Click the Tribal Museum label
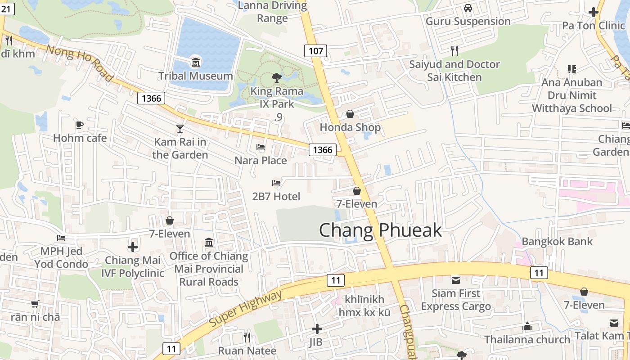[x=195, y=76]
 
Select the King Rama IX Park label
[x=277, y=98]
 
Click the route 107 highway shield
[x=315, y=50]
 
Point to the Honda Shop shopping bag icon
[x=350, y=114]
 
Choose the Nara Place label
[x=261, y=160]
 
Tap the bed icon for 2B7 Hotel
[x=276, y=183]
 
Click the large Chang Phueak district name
[x=380, y=230]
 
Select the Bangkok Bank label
[x=557, y=241]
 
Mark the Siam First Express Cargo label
[x=456, y=300]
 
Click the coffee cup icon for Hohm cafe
[x=80, y=125]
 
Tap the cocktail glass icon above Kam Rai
[x=180, y=129]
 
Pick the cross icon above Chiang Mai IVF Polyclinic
[x=133, y=247]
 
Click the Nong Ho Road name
[x=80, y=63]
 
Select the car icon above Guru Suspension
[x=468, y=8]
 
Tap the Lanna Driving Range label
[x=272, y=12]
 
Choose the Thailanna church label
[x=527, y=339]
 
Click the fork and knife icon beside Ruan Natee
[x=247, y=337]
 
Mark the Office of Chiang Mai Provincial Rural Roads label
[x=209, y=269]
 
